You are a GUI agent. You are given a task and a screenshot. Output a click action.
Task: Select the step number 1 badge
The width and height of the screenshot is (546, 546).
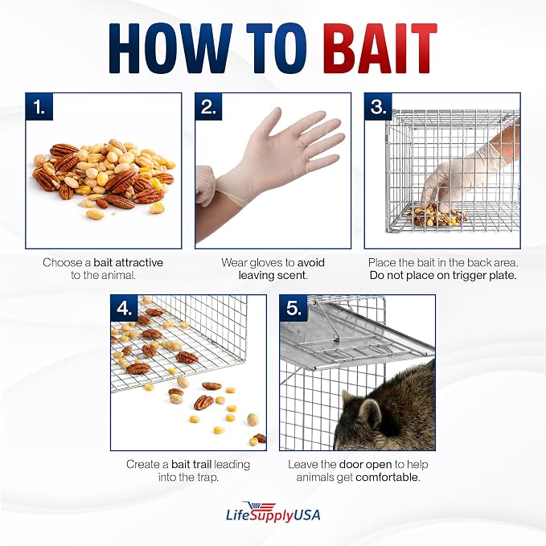[39, 107]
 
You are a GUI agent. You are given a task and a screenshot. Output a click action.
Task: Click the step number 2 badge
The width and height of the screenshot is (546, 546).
[208, 107]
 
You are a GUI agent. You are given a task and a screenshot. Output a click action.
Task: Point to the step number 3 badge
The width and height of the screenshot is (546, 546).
[378, 107]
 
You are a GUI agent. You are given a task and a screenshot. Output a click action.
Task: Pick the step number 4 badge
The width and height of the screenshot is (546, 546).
[125, 308]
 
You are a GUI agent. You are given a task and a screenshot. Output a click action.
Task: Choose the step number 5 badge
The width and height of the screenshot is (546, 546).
[294, 308]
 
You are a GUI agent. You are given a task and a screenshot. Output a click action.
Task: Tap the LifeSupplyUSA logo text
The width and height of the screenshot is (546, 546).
[273, 515]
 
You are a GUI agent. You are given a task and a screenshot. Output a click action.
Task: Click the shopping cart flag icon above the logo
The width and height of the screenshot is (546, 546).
[260, 507]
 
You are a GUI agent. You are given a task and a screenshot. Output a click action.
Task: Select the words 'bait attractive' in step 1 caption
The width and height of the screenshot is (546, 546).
[128, 263]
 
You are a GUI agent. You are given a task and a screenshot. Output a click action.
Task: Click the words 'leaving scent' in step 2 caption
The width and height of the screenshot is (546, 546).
[273, 276]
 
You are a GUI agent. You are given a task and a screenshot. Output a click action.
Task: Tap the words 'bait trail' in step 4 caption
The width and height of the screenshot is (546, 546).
[191, 465]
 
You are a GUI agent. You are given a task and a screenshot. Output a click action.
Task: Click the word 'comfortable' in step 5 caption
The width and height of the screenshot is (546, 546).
[388, 478]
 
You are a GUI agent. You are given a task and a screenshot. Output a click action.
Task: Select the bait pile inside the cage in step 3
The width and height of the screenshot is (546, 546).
[437, 216]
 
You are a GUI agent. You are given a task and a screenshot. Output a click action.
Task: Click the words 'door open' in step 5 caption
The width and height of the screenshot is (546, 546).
[366, 465]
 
